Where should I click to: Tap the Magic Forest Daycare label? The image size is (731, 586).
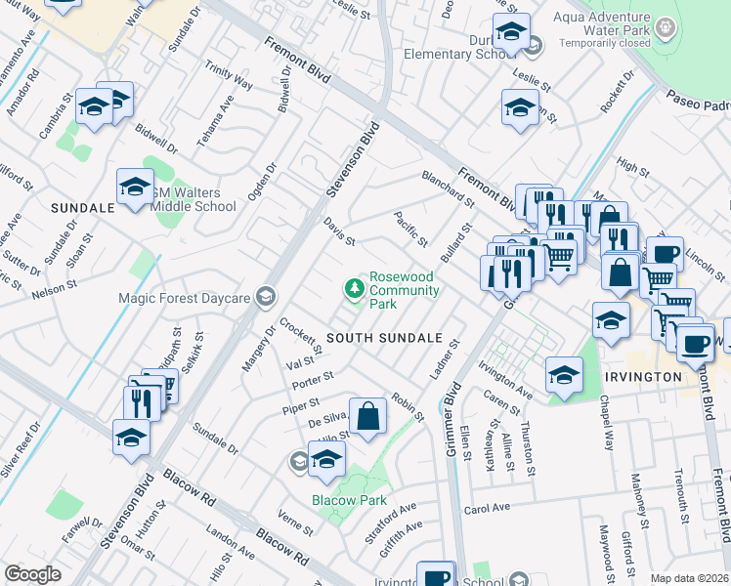point(184,297)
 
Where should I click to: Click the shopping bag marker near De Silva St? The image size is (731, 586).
point(368,417)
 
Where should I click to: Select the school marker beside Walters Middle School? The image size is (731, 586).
point(135,187)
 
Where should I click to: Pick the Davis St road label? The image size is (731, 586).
point(339,232)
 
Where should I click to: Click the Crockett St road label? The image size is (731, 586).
point(300,337)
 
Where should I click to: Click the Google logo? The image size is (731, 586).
point(32,574)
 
